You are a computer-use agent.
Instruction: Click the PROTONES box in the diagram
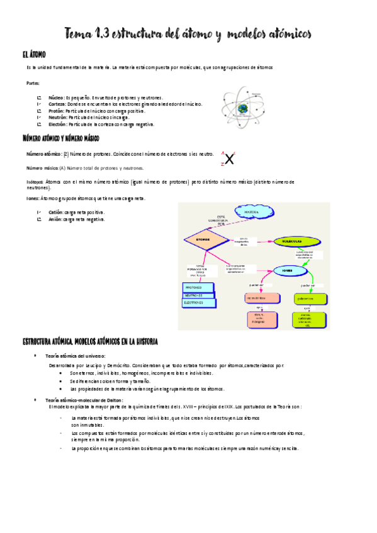198,287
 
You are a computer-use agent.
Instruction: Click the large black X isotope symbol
230,158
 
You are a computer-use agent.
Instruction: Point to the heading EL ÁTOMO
33,56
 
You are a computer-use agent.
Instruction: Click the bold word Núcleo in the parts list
55,98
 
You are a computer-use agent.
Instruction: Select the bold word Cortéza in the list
57,104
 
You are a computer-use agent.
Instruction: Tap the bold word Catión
55,212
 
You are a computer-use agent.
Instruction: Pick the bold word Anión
55,219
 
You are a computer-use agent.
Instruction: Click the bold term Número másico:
42,168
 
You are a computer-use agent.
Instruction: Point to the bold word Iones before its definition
33,198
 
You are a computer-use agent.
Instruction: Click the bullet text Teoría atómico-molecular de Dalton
89,400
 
